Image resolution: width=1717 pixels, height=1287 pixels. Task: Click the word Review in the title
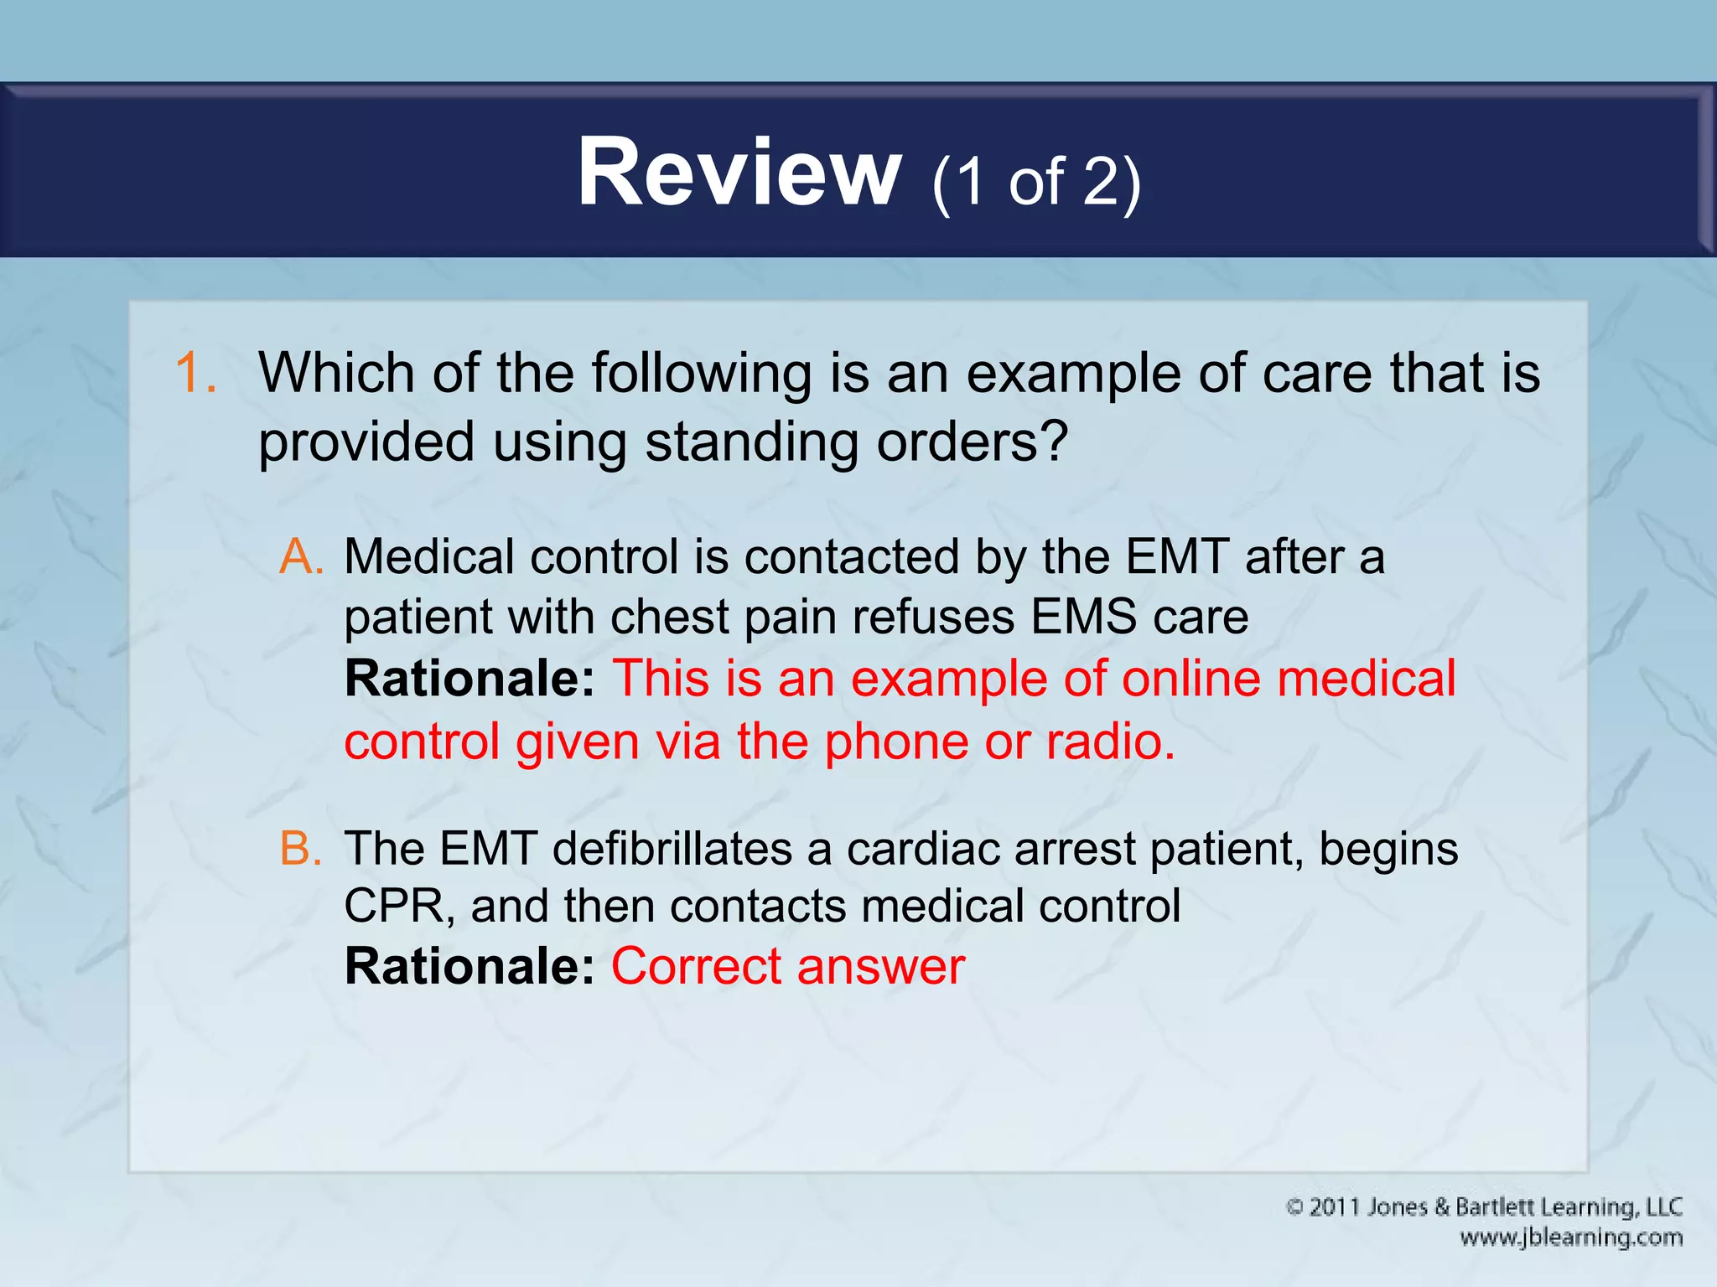(x=738, y=173)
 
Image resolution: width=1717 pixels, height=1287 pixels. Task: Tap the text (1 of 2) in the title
(x=1036, y=182)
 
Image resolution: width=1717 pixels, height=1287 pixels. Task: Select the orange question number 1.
(x=196, y=373)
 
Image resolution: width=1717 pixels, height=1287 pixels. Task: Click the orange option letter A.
(x=301, y=557)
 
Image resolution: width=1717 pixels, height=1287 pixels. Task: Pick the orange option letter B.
(x=301, y=849)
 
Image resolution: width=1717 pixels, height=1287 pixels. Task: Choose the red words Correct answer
(x=788, y=967)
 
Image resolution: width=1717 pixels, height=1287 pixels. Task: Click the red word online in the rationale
(x=1191, y=679)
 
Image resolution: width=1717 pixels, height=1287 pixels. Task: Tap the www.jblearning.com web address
(x=1570, y=1238)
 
